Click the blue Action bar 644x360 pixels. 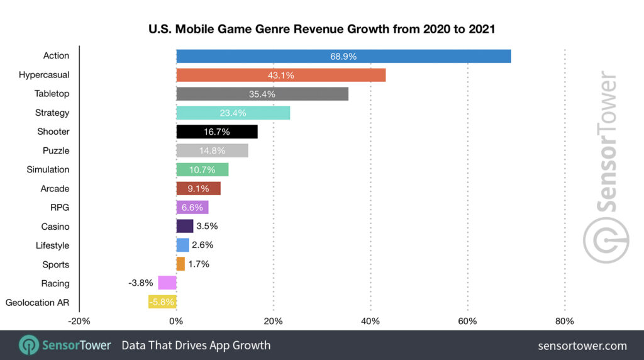(343, 56)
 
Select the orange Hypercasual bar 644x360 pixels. (280, 75)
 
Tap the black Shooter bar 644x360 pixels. (217, 132)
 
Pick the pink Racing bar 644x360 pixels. (167, 283)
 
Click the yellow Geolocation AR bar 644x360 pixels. (162, 302)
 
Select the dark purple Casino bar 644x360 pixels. (185, 227)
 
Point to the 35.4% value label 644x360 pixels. (262, 94)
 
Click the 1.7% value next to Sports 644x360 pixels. (199, 264)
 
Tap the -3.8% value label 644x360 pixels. (141, 283)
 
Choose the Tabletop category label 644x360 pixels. (52, 94)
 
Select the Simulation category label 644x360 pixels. (48, 170)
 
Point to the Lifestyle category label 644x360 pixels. (52, 245)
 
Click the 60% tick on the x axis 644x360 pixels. (467, 322)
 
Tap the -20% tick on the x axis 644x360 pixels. (79, 322)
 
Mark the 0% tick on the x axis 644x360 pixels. (176, 322)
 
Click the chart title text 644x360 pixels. (322, 28)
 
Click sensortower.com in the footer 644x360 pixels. (582, 346)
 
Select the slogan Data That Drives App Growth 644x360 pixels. (196, 346)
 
